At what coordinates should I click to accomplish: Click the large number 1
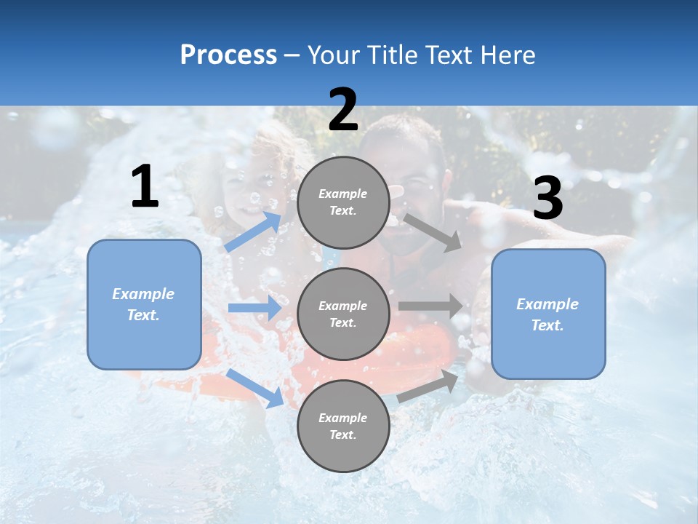tap(145, 187)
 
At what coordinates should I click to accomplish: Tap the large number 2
tap(343, 110)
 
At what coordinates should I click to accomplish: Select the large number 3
tap(547, 199)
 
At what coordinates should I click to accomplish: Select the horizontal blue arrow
tap(254, 308)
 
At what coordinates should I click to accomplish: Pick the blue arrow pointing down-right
tap(255, 388)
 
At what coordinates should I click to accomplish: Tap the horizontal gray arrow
tap(430, 306)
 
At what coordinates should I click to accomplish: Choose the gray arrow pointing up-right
tap(428, 386)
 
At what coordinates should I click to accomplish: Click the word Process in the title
tap(228, 55)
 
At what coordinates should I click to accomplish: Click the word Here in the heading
tap(508, 55)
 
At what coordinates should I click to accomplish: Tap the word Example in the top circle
tap(342, 194)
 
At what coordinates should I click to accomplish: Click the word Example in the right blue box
tap(547, 304)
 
